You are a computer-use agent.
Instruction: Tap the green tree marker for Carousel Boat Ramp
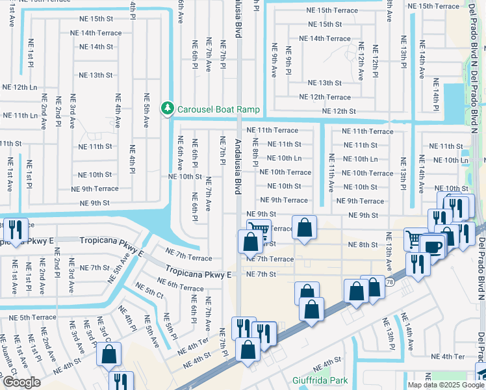[168, 107]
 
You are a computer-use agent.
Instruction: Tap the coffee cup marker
[432, 246]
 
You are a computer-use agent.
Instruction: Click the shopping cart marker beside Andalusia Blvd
[259, 229]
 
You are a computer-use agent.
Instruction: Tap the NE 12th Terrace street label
[325, 97]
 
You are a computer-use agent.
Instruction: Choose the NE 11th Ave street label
[331, 173]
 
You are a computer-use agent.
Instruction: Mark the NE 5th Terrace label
[24, 317]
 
